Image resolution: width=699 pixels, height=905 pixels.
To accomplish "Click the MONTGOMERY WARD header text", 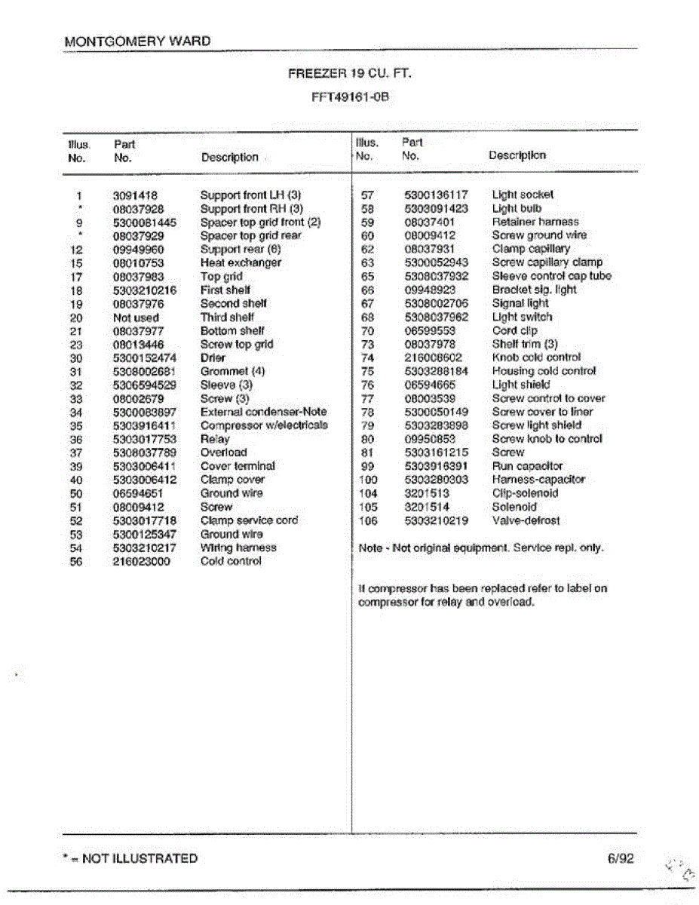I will (138, 41).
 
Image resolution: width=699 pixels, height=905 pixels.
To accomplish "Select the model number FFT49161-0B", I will (350, 97).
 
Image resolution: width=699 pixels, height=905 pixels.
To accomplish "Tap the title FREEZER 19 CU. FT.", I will (350, 74).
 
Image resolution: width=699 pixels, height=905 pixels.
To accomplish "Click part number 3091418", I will (135, 195).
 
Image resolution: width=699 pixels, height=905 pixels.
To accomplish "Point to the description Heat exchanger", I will (241, 262).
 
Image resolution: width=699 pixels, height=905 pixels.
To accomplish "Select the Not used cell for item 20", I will (136, 318).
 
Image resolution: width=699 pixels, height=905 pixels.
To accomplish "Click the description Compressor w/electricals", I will (264, 425).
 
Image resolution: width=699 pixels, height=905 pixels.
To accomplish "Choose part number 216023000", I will (142, 561).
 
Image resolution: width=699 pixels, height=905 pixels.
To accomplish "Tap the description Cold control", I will (231, 561).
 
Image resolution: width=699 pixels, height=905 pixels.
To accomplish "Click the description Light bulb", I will (517, 208).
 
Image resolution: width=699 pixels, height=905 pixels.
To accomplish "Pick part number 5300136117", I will (436, 195).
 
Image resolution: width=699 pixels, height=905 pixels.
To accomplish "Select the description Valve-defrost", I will (526, 520).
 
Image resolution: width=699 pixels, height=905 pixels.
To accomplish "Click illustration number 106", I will (367, 520).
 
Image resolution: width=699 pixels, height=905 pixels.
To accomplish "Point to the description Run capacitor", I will (527, 466).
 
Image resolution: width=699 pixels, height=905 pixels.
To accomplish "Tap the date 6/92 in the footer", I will (619, 858).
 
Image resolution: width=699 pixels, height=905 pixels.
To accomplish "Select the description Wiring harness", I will (238, 548).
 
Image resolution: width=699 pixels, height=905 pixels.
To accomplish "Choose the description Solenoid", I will (514, 507).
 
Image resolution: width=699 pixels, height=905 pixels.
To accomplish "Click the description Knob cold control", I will (536, 357).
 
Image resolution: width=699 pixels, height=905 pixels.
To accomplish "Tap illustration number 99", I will (368, 466).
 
